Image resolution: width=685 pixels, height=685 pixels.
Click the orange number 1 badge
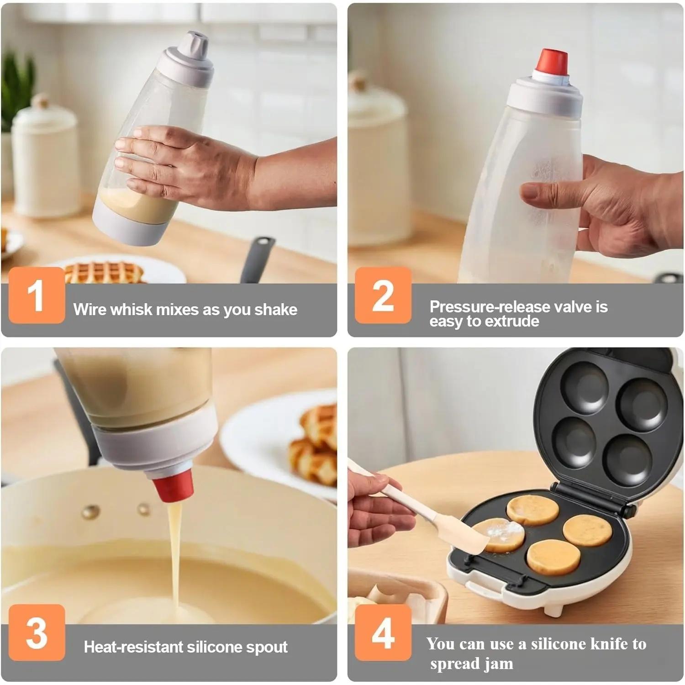tap(37, 295)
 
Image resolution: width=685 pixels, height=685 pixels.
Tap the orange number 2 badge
tap(383, 295)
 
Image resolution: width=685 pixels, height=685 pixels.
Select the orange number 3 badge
tap(37, 632)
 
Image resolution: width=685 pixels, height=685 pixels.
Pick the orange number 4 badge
tap(383, 632)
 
